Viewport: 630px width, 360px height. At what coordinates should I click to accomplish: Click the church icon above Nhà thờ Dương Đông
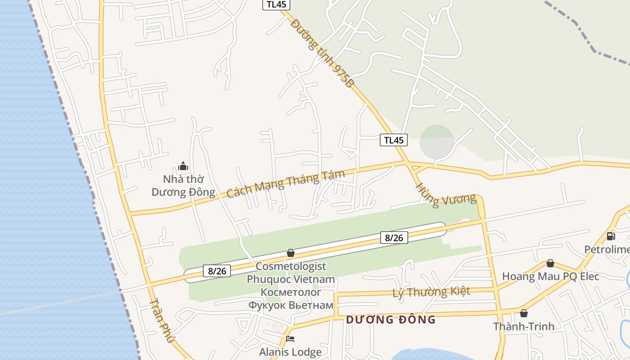click(x=183, y=166)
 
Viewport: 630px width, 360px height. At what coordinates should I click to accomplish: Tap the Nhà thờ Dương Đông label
click(x=183, y=185)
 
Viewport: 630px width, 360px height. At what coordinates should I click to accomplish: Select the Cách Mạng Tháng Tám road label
click(x=285, y=183)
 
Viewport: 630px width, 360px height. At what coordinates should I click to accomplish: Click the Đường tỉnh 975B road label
click(x=322, y=53)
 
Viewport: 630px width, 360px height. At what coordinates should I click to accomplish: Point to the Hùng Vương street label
click(x=445, y=195)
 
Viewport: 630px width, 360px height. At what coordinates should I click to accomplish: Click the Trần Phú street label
click(x=161, y=320)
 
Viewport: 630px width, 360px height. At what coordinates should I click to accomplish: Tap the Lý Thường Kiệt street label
click(x=431, y=292)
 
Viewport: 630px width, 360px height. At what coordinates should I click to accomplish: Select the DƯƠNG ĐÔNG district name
click(x=391, y=319)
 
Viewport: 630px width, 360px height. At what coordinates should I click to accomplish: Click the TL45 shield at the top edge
click(x=276, y=4)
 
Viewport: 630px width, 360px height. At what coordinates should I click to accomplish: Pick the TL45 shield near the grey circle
click(x=393, y=140)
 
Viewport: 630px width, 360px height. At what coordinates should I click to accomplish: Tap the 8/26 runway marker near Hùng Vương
click(x=394, y=238)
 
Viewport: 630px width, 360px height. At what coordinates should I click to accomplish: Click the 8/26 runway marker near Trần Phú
click(x=217, y=271)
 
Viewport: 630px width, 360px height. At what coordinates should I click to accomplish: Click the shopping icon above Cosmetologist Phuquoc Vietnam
click(x=291, y=253)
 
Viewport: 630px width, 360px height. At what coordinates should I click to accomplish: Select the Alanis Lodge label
click(x=290, y=352)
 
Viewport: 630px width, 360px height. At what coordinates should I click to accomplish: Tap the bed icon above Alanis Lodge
click(x=290, y=339)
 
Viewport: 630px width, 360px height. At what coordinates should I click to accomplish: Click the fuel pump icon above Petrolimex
click(x=611, y=236)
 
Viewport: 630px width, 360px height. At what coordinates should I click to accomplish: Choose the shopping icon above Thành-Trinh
click(x=523, y=313)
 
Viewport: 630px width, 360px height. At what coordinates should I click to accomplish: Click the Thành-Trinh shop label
click(x=523, y=326)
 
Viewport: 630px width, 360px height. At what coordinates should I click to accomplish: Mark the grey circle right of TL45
click(x=436, y=142)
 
